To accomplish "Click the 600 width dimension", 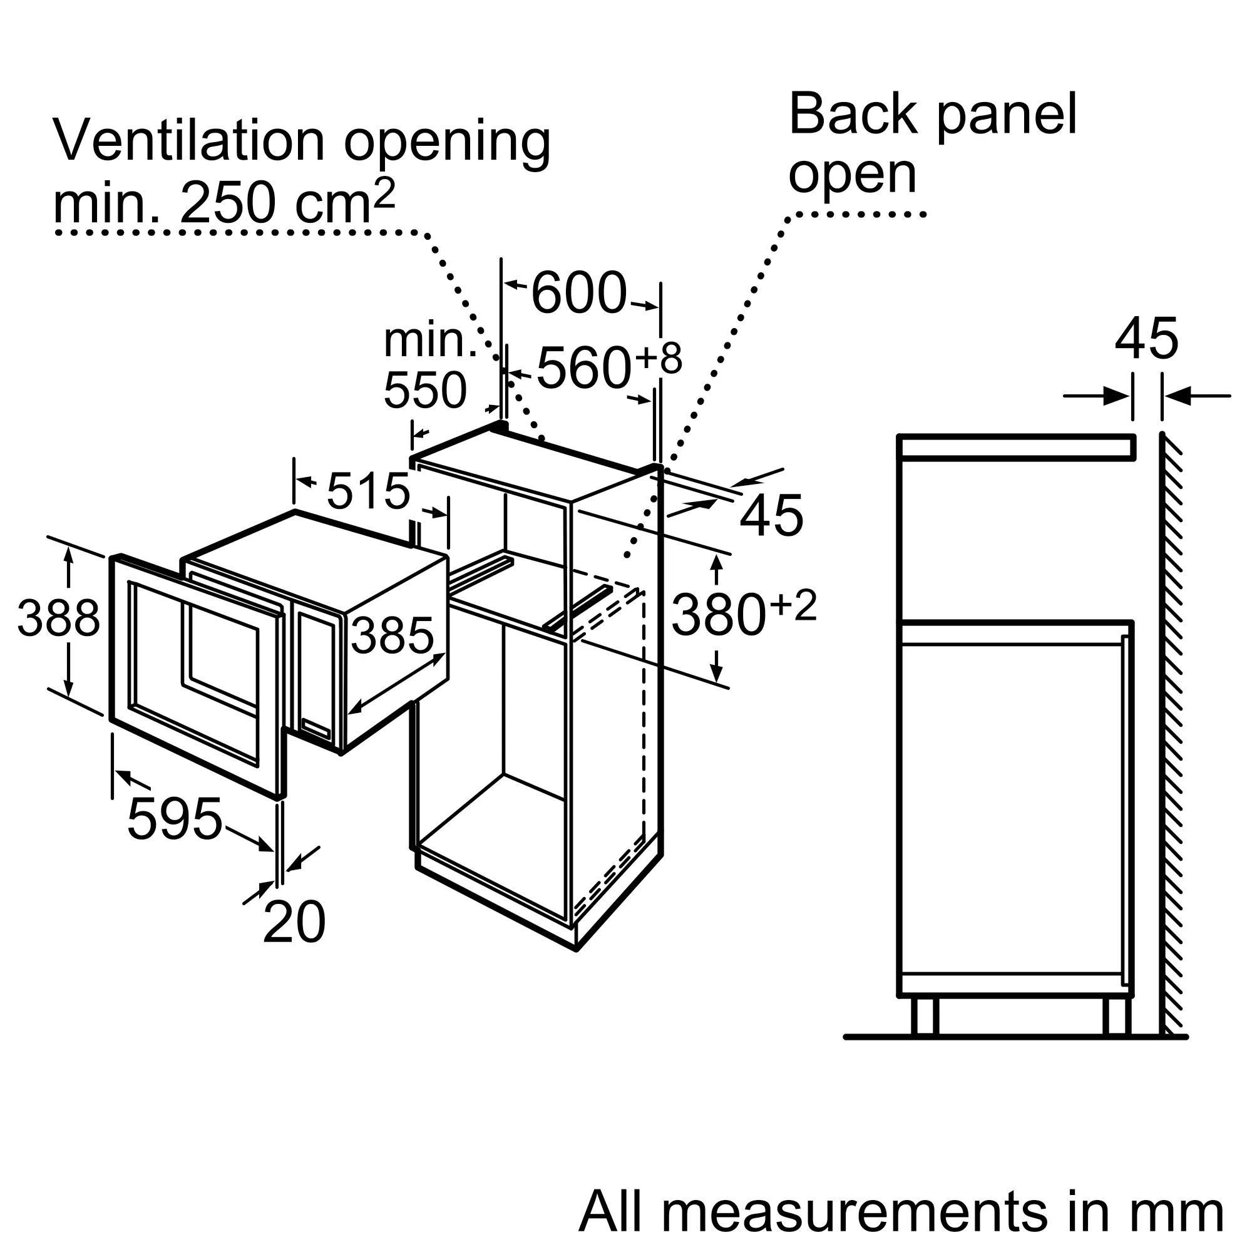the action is (578, 292).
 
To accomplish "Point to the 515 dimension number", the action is (368, 491).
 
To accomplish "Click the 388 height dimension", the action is (59, 617).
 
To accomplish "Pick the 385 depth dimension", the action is (392, 635).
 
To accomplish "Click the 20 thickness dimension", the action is (294, 921).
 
